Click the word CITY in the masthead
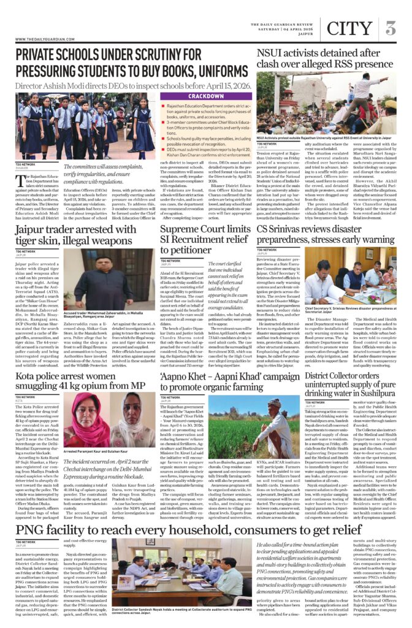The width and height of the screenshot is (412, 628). click(349, 28)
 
